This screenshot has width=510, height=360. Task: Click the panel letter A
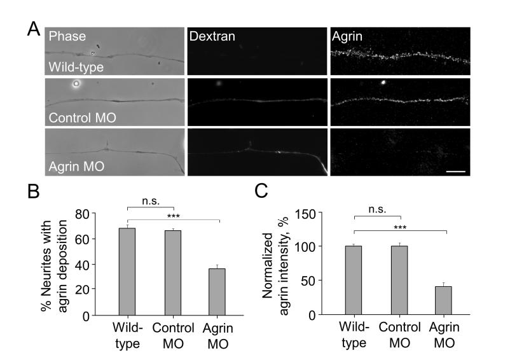pos(35,29)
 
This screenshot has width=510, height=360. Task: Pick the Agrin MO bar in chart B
pos(218,292)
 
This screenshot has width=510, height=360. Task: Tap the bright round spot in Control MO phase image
pos(76,83)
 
